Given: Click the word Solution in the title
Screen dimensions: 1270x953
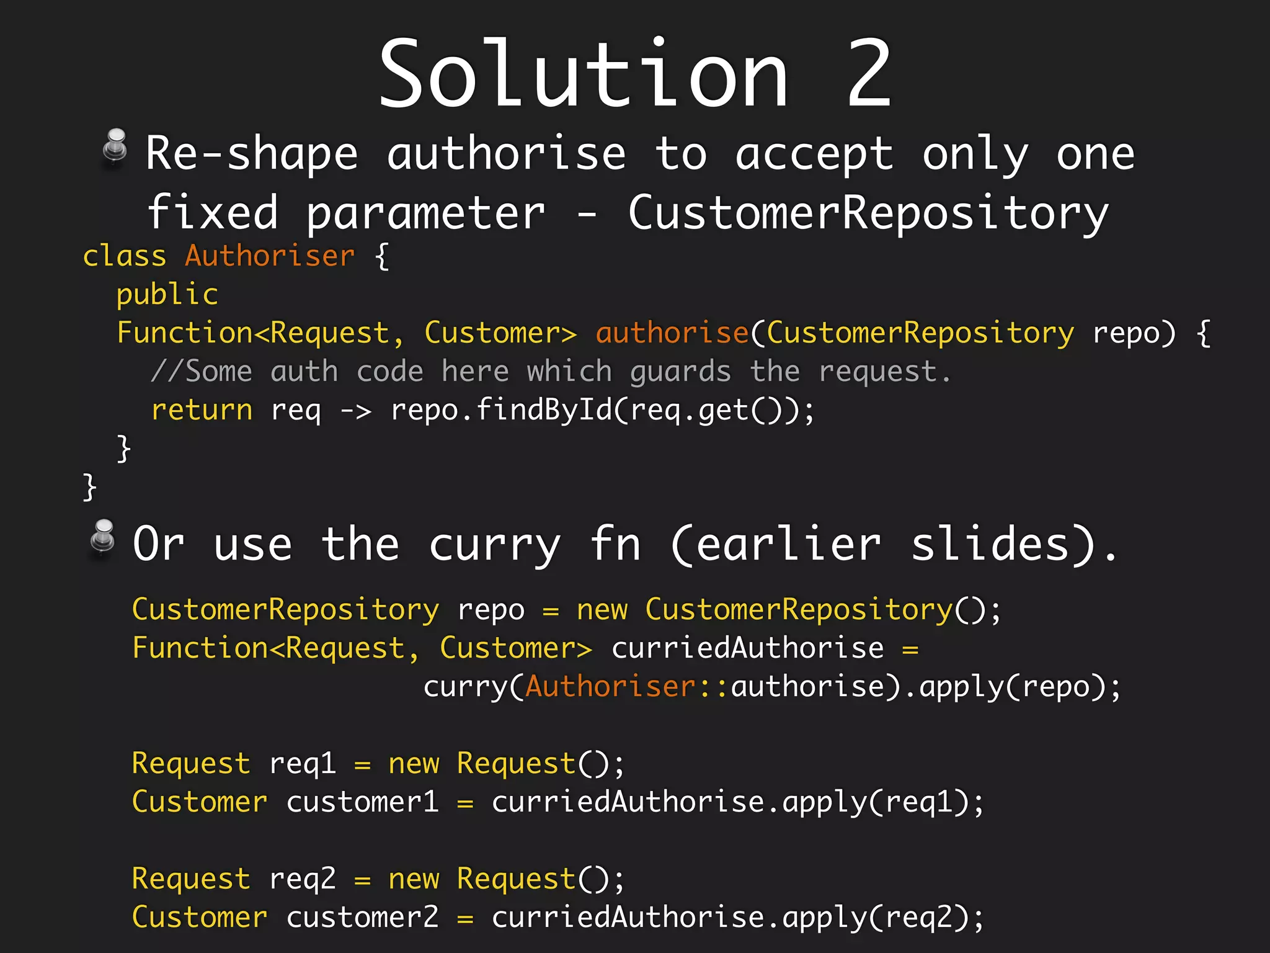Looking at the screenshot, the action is (x=583, y=74).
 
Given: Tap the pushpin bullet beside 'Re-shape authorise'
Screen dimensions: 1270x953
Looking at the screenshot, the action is (x=115, y=148).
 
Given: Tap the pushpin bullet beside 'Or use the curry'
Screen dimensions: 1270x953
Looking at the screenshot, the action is (x=103, y=537).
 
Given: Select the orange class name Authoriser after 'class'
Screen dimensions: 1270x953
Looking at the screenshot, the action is (x=270, y=256).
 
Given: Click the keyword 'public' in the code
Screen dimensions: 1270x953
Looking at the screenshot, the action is (x=167, y=295).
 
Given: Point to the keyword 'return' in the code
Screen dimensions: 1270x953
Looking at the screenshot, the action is (x=202, y=410).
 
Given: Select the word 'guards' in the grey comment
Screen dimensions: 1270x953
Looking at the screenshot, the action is (x=680, y=372).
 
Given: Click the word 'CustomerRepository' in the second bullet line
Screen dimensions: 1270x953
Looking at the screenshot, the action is (x=868, y=213).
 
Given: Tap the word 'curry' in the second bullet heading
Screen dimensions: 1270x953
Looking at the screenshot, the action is (x=495, y=545).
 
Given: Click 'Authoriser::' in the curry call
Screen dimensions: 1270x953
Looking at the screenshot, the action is (x=626, y=687).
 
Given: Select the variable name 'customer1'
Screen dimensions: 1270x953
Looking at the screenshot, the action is (x=362, y=802).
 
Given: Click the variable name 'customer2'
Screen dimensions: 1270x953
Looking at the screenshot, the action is (x=362, y=918).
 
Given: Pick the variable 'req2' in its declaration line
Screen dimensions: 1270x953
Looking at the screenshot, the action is (x=303, y=879).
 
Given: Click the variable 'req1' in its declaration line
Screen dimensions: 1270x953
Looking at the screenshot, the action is (x=303, y=764).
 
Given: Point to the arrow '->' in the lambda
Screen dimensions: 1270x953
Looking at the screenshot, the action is (x=356, y=411).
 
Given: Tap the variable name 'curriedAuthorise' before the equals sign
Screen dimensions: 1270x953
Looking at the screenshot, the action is (x=747, y=648).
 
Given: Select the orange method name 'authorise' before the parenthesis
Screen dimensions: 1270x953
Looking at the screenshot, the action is (x=672, y=333).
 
